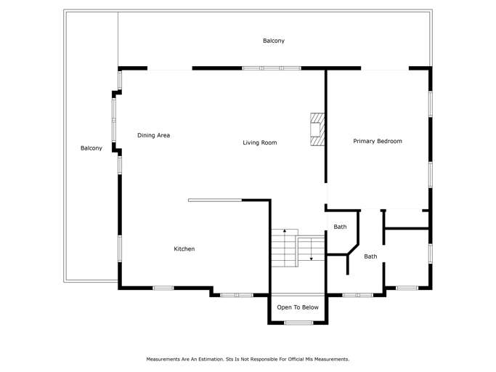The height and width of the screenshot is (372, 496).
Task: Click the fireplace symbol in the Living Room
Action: pos(317,130)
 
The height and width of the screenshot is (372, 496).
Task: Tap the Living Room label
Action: pos(259,143)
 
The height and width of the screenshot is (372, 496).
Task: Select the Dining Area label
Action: pos(153,135)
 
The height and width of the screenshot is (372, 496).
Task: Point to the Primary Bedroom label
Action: pos(377,141)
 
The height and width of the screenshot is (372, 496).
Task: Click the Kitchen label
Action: pos(184,249)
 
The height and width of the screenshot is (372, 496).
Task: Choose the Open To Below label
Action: pos(298,307)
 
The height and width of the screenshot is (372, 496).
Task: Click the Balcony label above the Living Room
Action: pos(273,41)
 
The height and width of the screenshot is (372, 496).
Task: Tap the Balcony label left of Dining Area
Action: pos(91,148)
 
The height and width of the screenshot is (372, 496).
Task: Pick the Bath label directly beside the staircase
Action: pos(340,227)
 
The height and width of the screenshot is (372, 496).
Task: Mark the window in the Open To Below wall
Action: pos(298,323)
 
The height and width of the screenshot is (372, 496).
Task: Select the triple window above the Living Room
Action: pos(272,68)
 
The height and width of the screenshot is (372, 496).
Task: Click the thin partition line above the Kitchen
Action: pos(215,200)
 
